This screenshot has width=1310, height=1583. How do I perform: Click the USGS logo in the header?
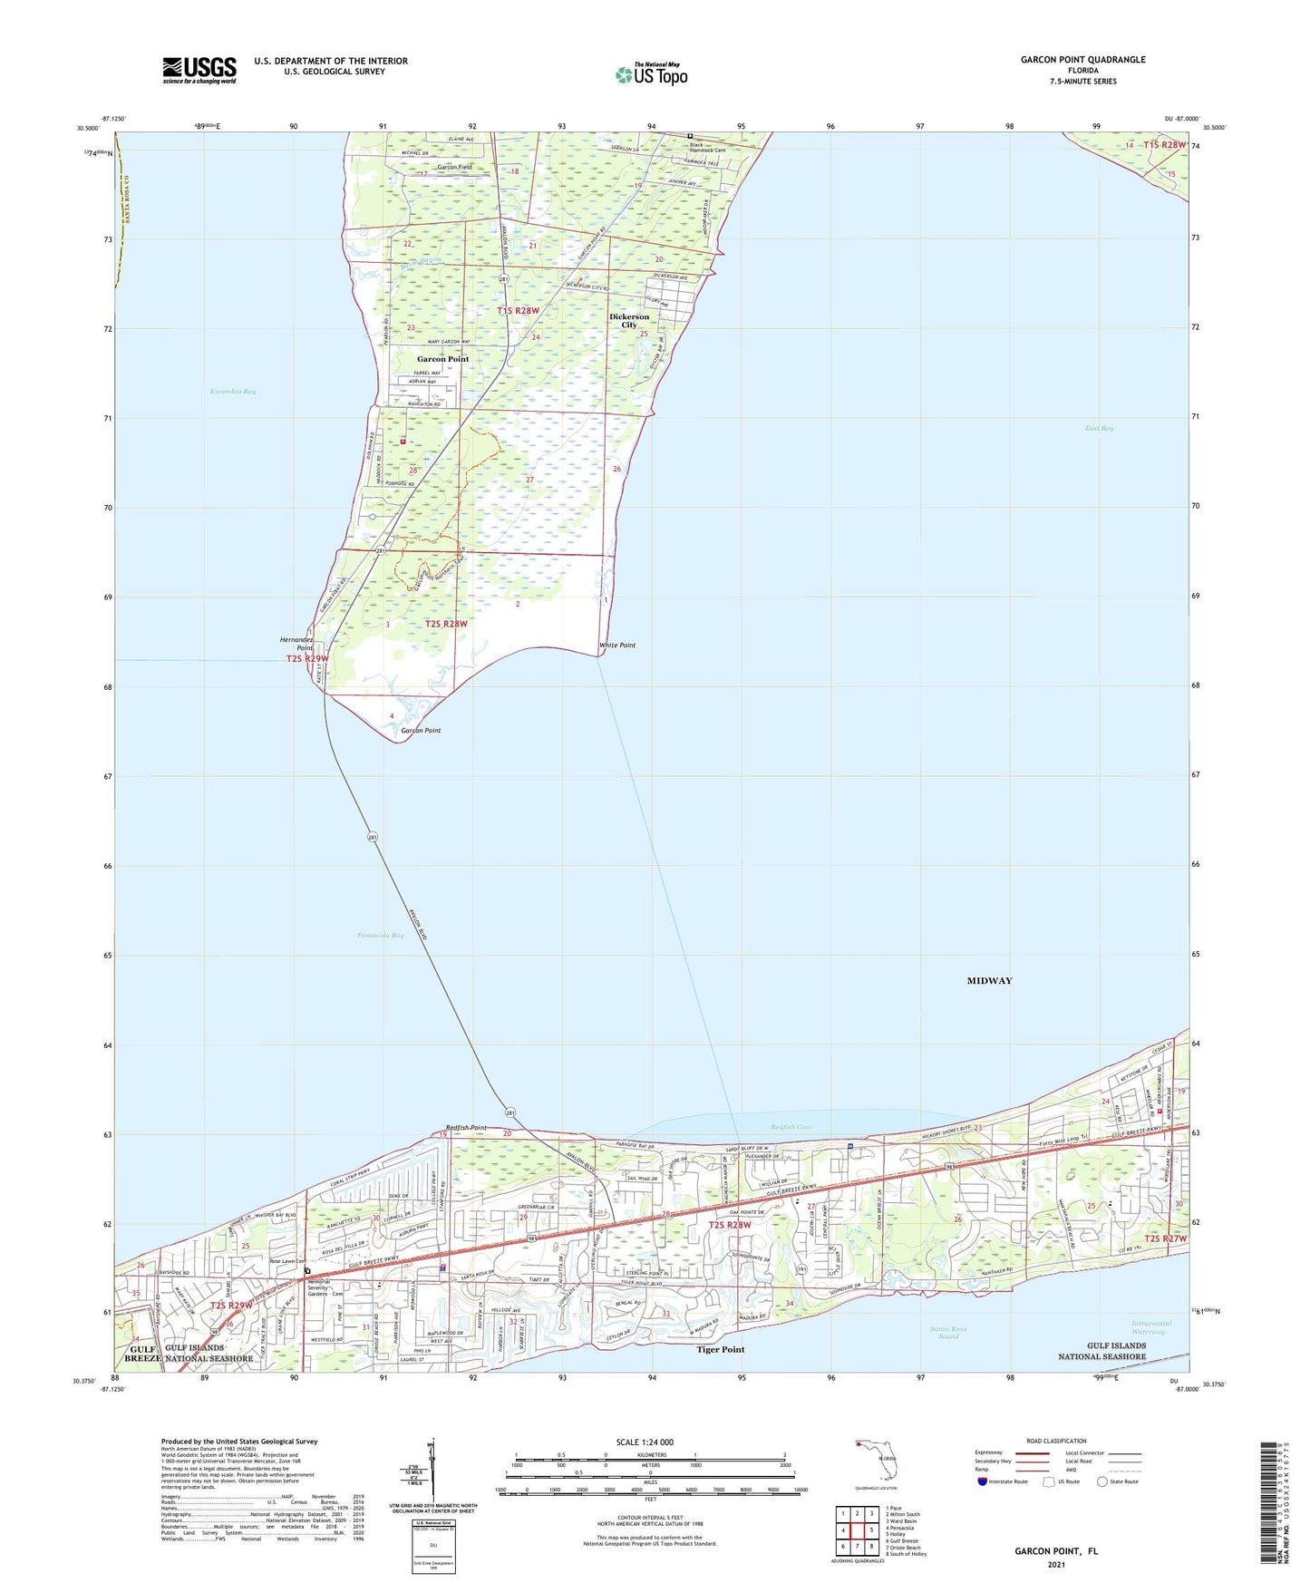point(199,70)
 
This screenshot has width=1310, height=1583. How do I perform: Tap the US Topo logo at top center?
point(651,74)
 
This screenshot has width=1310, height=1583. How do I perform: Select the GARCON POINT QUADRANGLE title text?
point(1082,60)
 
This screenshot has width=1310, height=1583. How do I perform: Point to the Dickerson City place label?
point(629,321)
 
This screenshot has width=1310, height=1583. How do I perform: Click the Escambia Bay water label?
point(233,392)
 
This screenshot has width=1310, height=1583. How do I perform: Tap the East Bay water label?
point(1099,428)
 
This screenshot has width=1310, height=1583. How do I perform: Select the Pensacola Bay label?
point(381,935)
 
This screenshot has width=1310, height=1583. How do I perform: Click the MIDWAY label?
point(989,981)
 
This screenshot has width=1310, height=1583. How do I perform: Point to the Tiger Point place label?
point(721,1349)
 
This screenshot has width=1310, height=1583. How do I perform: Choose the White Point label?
point(617,646)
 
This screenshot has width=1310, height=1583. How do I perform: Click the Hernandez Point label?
point(296,644)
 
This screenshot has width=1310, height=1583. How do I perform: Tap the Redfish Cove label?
point(791,1128)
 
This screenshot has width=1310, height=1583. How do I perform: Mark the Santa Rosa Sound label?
point(948,1333)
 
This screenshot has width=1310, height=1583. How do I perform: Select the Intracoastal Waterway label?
point(1151,1327)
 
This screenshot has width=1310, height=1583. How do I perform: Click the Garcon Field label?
point(454,168)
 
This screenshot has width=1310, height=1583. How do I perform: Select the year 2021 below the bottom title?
point(1055,1565)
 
